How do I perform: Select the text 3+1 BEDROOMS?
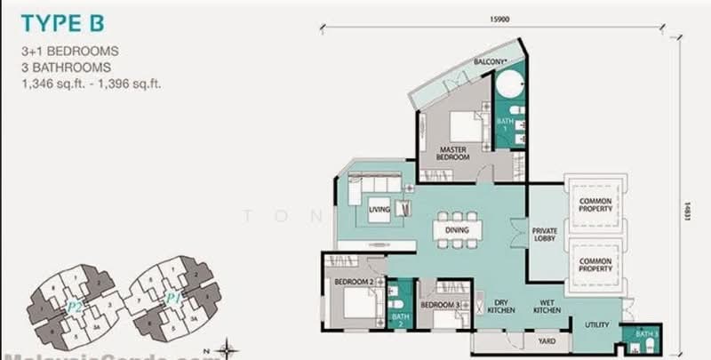(70, 52)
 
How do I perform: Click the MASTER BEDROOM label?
(452, 153)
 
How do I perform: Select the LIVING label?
(380, 209)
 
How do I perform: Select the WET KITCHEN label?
(547, 307)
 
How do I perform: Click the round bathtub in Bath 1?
(510, 90)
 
